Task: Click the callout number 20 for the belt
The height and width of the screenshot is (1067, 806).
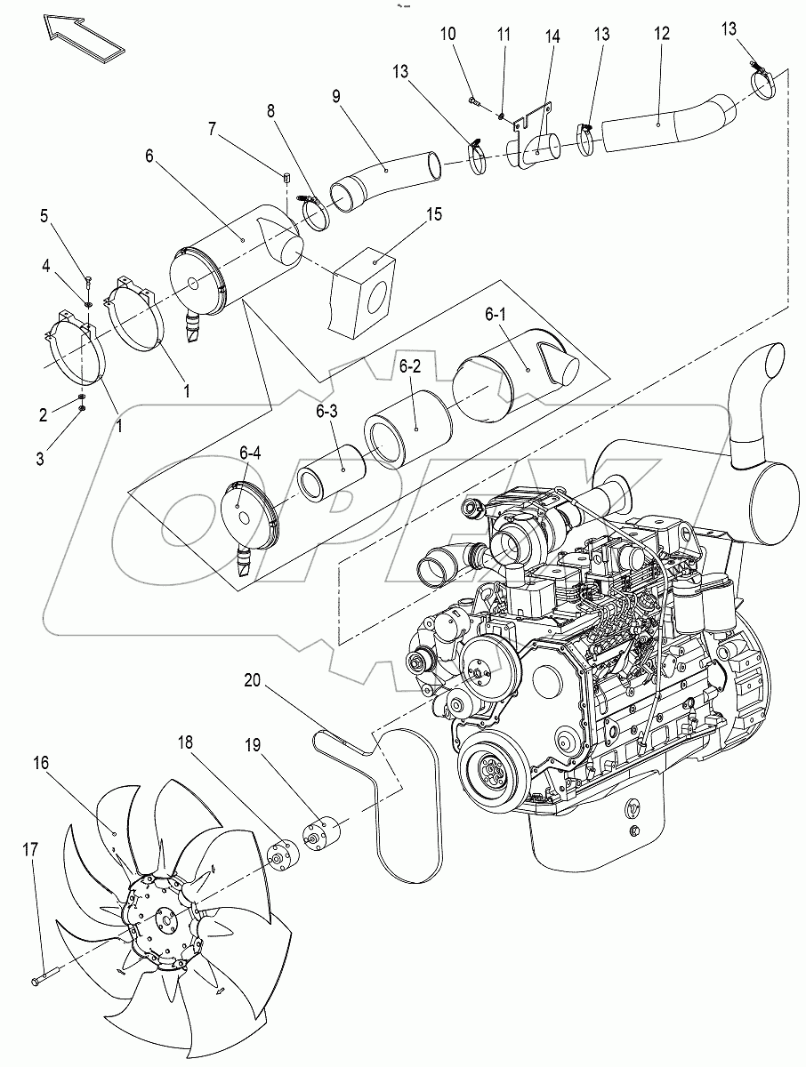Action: pos(254,682)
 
